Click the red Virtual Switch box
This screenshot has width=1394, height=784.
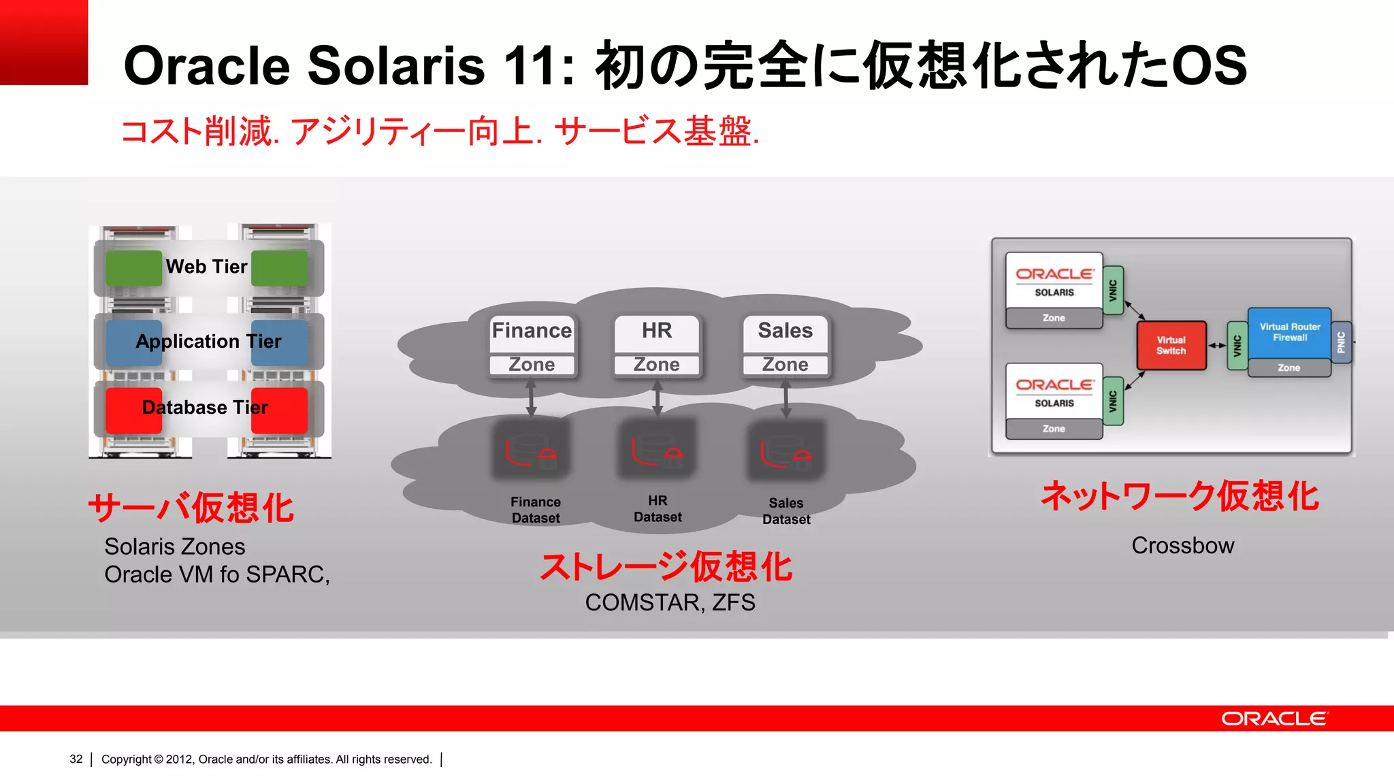[1171, 346]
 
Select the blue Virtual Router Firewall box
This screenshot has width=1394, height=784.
[1289, 333]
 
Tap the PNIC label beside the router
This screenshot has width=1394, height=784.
[1341, 342]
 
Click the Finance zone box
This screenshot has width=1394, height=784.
[532, 345]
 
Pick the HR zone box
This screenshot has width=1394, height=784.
[657, 345]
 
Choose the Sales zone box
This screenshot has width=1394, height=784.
[785, 345]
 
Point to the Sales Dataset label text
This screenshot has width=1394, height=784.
[786, 511]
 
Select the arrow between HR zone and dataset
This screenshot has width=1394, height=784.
[658, 398]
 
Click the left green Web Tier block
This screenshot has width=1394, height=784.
[133, 268]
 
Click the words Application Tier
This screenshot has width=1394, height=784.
[208, 341]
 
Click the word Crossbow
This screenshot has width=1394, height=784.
[1182, 546]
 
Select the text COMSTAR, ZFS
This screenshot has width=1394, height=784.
[670, 602]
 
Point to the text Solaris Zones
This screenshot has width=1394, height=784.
[174, 546]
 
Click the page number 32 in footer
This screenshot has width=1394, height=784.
[76, 759]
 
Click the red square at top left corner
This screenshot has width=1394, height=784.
[44, 42]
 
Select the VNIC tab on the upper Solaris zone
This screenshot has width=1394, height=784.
[1113, 291]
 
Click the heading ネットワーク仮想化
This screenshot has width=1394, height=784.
[1180, 496]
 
